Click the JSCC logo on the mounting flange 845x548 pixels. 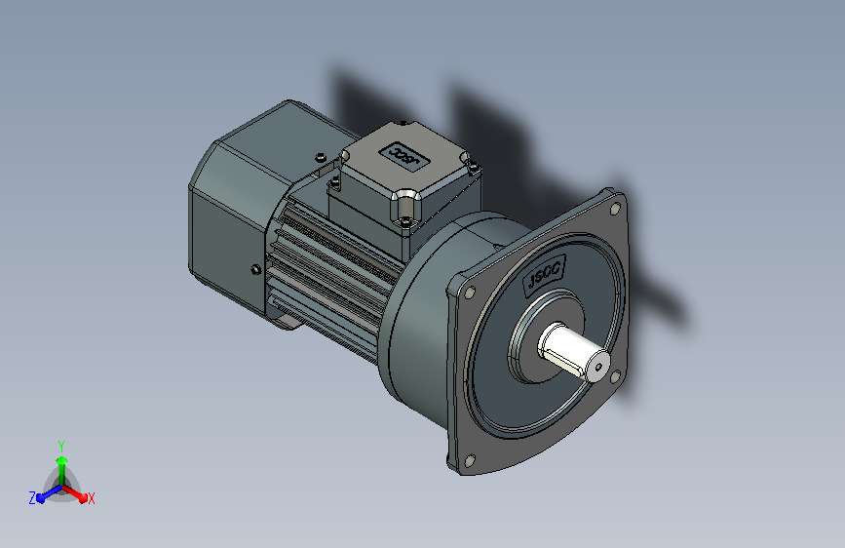(544, 275)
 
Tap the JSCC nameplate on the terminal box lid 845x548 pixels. (403, 155)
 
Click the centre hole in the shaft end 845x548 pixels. (598, 368)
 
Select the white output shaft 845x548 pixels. (573, 352)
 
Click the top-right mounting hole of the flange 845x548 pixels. (615, 209)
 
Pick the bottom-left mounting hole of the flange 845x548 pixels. (470, 460)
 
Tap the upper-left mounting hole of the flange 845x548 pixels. (470, 293)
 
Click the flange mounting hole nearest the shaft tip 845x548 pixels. (615, 376)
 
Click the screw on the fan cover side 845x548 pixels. (256, 269)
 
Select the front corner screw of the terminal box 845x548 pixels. (404, 220)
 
